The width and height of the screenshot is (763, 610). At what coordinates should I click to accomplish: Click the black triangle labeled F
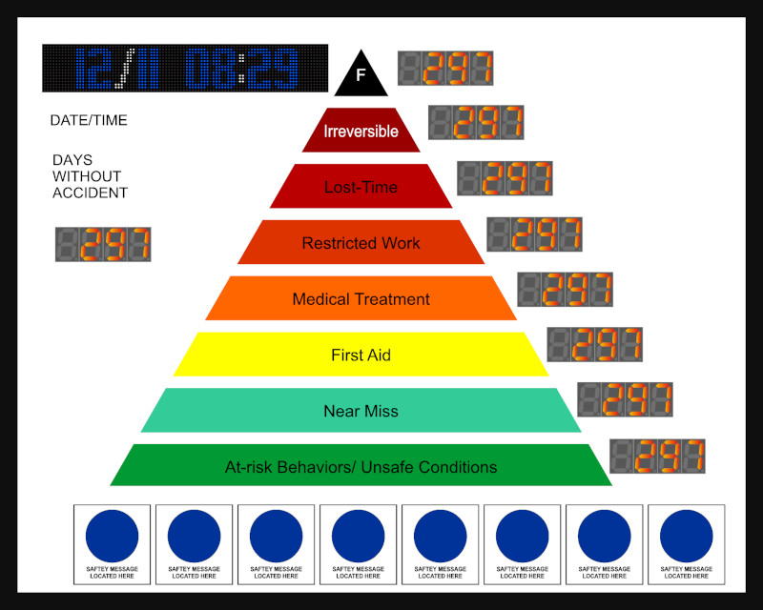tap(361, 76)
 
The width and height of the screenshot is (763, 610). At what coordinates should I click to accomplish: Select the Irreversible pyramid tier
tap(361, 131)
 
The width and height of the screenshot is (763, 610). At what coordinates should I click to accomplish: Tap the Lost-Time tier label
tap(361, 187)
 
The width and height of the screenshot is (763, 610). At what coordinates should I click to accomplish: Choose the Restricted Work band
tap(361, 243)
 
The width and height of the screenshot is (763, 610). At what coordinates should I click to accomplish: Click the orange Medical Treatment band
tap(361, 298)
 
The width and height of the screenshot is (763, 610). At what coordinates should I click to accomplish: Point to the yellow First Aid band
tap(361, 355)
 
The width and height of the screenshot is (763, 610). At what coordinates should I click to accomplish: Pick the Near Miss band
tap(361, 411)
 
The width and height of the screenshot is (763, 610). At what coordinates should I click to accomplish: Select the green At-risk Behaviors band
tap(361, 467)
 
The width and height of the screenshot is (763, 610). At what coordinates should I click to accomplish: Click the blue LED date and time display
tap(185, 69)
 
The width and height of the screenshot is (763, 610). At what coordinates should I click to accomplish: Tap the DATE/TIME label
tap(89, 121)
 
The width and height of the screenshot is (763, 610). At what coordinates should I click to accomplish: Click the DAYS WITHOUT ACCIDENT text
tap(90, 176)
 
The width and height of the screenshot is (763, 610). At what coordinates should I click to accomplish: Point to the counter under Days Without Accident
tap(103, 244)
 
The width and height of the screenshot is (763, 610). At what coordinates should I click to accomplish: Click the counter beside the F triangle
tap(445, 69)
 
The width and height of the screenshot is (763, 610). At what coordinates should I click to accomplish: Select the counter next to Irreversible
tap(476, 122)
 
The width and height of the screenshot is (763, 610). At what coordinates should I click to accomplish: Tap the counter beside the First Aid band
tap(594, 344)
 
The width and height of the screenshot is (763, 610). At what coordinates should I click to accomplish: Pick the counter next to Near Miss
tap(625, 399)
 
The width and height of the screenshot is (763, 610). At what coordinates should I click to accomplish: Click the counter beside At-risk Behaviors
tap(657, 456)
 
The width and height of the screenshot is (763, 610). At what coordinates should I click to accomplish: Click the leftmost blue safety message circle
tap(113, 536)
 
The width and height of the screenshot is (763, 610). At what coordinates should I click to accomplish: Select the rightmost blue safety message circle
tap(687, 536)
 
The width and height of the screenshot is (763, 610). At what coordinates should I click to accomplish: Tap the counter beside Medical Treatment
tap(565, 289)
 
